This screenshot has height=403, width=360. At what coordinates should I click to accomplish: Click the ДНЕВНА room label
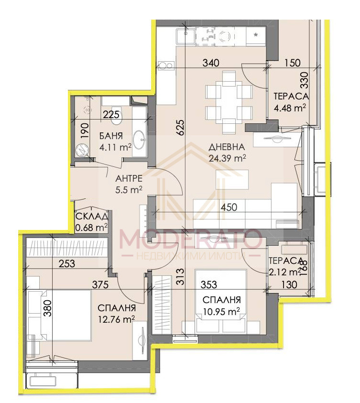click(x=227, y=147)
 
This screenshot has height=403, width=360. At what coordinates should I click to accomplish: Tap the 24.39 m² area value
click(x=228, y=157)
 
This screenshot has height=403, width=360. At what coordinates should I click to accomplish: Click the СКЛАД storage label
click(x=91, y=216)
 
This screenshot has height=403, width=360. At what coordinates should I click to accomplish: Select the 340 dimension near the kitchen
click(x=210, y=63)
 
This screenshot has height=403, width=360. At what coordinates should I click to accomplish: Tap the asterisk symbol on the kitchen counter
click(x=257, y=35)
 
